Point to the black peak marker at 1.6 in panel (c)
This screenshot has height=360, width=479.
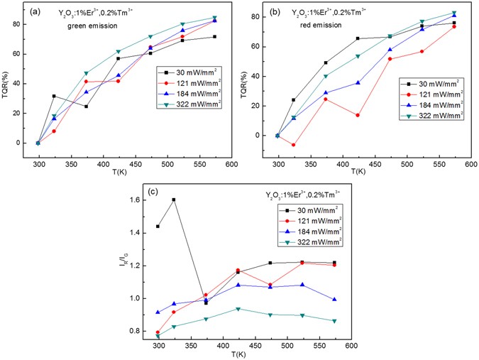[x=174, y=200]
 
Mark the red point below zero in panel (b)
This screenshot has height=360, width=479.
[x=293, y=144]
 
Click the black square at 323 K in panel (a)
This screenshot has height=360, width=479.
[x=54, y=96]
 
